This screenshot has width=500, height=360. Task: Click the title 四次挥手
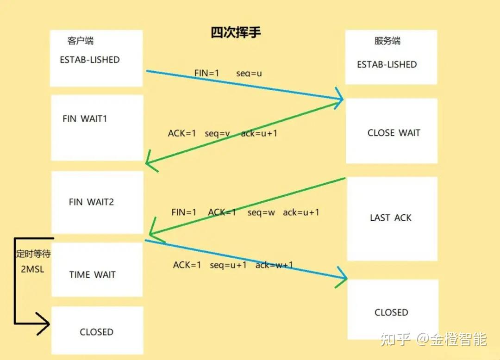pos(236,33)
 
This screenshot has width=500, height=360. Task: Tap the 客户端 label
pos(81,41)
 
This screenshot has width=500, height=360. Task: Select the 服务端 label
pos(387,41)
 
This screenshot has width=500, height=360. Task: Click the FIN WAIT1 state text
pos(85,119)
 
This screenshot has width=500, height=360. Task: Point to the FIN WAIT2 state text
pos(91,202)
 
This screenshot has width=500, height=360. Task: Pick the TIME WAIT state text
pos(92,275)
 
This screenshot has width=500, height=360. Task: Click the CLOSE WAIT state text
pos(394,133)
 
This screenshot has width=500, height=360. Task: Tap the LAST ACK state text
pos(390,218)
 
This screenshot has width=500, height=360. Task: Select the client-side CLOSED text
pos(96,332)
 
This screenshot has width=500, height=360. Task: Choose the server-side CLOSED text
pos(391,313)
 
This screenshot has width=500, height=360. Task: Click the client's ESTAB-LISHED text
pos(90,60)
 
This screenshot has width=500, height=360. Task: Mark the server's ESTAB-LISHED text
pos(387,65)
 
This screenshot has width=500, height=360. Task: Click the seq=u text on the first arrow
pos(249,74)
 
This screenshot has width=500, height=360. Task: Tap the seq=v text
pos(218,134)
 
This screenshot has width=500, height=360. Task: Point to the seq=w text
pos(261,213)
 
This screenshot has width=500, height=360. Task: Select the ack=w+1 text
pos(274,265)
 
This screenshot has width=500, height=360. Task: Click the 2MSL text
pos(32,269)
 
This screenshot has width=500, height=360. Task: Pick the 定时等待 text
pos(33,254)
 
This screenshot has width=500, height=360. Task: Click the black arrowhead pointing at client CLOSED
pos(44,323)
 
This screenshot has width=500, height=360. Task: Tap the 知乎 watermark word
pos(395,340)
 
